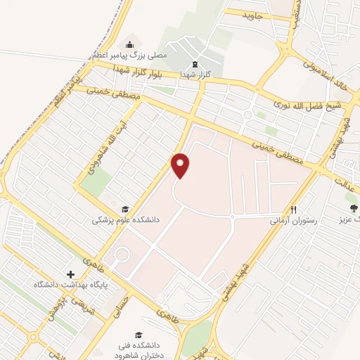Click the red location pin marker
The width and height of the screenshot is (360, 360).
coord(181,165)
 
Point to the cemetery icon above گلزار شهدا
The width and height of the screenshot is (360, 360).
coord(195,64)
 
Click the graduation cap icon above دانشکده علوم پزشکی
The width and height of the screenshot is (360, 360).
coord(125,209)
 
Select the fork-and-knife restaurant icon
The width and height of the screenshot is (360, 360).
coord(295,210)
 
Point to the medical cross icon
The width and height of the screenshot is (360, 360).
coord(70,274)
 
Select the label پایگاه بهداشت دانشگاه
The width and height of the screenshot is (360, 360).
coord(70,284)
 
